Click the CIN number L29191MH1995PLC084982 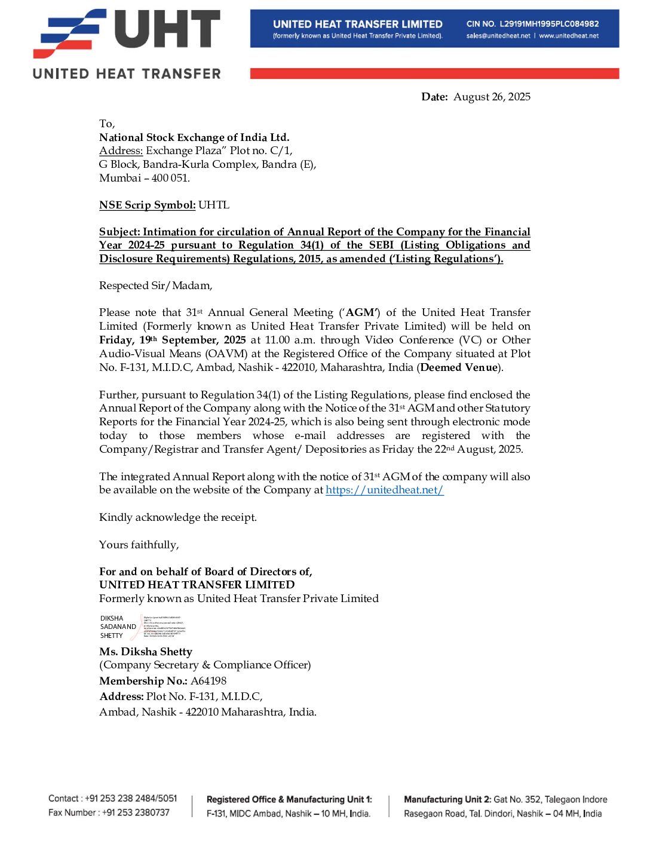click(549, 24)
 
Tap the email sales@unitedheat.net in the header click(498, 36)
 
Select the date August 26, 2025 click(492, 97)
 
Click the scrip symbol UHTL click(214, 205)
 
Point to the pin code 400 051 click(170, 178)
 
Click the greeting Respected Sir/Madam click(155, 286)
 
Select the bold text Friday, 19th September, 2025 click(173, 340)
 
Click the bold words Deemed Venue click(459, 367)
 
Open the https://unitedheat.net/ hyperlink click(385, 490)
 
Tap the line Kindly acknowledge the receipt click(178, 517)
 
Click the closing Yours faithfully click(139, 545)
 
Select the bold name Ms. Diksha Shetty click(146, 652)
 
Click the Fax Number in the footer click(109, 812)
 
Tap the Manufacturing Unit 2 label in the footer click(447, 799)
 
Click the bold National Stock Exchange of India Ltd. click(194, 137)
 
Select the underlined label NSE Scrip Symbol click(147, 205)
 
